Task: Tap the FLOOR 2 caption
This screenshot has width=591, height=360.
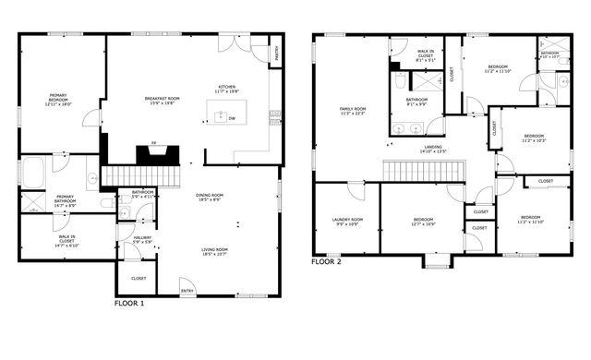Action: pos(326,261)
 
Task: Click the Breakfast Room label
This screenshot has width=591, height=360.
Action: pos(162,101)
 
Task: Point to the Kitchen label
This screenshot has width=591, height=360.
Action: pos(226,89)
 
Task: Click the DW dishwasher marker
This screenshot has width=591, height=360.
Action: pos(231,118)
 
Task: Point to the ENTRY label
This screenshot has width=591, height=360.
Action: pos(187,293)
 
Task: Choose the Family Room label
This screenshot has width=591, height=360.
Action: pos(353,111)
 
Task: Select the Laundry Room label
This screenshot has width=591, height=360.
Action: pos(347,222)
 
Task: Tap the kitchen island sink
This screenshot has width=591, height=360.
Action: pos(221,117)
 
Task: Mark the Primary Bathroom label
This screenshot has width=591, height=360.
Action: pos(65,200)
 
